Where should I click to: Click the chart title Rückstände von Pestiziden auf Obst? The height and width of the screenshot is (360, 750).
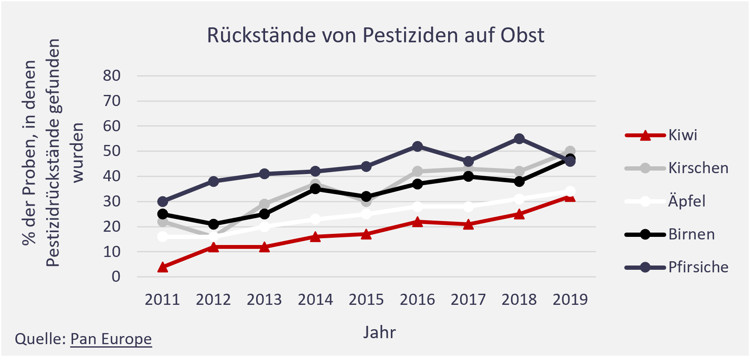tap(375, 35)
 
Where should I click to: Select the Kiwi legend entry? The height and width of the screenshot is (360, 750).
tap(682, 135)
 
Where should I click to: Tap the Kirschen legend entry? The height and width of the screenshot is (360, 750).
tap(698, 168)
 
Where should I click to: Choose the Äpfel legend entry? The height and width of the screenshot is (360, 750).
tap(686, 201)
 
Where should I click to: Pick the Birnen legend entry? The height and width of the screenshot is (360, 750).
tap(691, 234)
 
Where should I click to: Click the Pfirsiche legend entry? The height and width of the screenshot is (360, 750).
tap(698, 267)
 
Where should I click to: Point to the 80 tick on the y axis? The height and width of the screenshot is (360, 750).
tap(112, 76)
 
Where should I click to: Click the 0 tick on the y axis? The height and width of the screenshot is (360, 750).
tap(116, 277)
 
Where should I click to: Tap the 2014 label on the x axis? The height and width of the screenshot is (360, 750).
tap(315, 300)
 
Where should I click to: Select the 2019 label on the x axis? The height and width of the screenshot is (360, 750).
tap(570, 300)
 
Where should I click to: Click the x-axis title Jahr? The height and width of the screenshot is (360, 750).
tap(379, 333)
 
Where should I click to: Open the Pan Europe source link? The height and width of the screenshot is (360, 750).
tap(111, 339)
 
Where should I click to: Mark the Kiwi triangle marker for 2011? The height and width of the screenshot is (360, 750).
tap(162, 268)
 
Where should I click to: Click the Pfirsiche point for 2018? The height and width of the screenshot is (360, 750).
tap(519, 139)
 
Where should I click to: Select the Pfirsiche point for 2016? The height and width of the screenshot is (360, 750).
tap(417, 146)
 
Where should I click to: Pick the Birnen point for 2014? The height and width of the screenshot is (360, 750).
tap(315, 189)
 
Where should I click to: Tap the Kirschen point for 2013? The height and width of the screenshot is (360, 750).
tap(264, 204)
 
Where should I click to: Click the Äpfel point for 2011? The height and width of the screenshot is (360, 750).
tap(162, 236)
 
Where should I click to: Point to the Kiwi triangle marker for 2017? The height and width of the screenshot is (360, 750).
tap(468, 224)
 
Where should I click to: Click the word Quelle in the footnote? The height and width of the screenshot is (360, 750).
tap(40, 339)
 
